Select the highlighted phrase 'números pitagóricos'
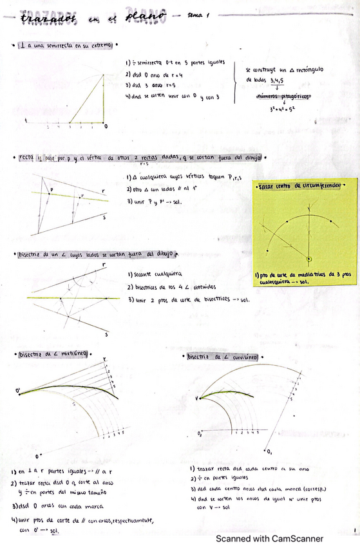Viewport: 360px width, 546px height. pyautogui.click(x=283, y=97)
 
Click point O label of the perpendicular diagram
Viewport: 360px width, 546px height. pyautogui.click(x=106, y=126)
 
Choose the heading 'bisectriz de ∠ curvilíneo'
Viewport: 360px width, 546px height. pyautogui.click(x=223, y=356)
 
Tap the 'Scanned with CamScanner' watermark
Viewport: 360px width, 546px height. pyautogui.click(x=269, y=538)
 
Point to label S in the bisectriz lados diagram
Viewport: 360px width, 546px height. pyautogui.click(x=106, y=335)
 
